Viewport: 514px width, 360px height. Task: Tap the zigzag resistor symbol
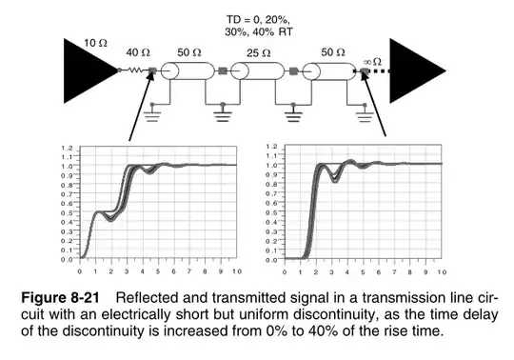[135, 70]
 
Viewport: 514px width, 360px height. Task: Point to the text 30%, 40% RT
[257, 30]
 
